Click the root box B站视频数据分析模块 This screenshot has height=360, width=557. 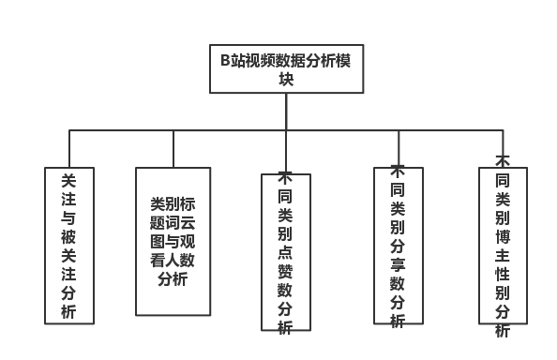tap(286, 69)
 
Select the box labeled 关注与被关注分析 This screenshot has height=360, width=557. tap(69, 246)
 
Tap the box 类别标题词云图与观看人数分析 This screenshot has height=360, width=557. tap(173, 241)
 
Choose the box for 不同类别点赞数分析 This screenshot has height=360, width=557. tap(286, 251)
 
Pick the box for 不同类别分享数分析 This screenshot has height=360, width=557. tap(399, 246)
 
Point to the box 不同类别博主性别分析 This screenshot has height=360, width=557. tap(503, 246)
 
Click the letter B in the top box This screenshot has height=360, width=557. tap(225, 61)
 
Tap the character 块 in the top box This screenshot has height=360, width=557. tap(286, 80)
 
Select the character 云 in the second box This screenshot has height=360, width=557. tap(188, 222)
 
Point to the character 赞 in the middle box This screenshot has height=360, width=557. tap(285, 270)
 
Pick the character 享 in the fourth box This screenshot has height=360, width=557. tap(398, 263)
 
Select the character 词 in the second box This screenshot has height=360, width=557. tap(173, 222)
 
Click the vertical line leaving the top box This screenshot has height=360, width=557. tap(286, 112)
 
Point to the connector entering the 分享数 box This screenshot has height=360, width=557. tap(399, 148)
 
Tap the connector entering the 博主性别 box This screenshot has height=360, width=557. tap(503, 145)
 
